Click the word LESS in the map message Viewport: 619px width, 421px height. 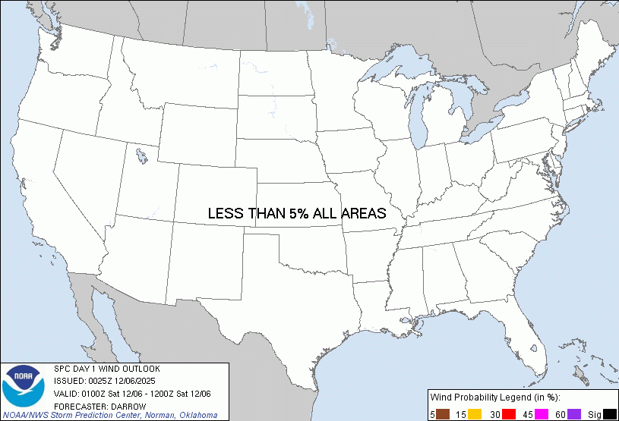pyautogui.click(x=226, y=214)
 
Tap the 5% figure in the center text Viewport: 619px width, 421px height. pyautogui.click(x=298, y=214)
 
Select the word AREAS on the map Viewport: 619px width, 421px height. pyautogui.click(x=363, y=214)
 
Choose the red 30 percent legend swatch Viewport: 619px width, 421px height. pyautogui.click(x=509, y=413)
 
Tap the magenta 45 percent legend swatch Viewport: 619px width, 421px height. pyautogui.click(x=542, y=413)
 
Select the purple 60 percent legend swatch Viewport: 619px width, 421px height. pyautogui.click(x=574, y=413)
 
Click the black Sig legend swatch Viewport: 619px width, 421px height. pyautogui.click(x=609, y=413)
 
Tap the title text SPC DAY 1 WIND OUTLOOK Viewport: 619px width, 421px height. pyautogui.click(x=106, y=369)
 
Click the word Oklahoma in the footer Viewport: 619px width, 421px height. pyautogui.click(x=197, y=415)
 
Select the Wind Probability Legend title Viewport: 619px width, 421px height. pyautogui.click(x=495, y=397)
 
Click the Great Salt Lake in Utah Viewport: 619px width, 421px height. pyautogui.click(x=142, y=158)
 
